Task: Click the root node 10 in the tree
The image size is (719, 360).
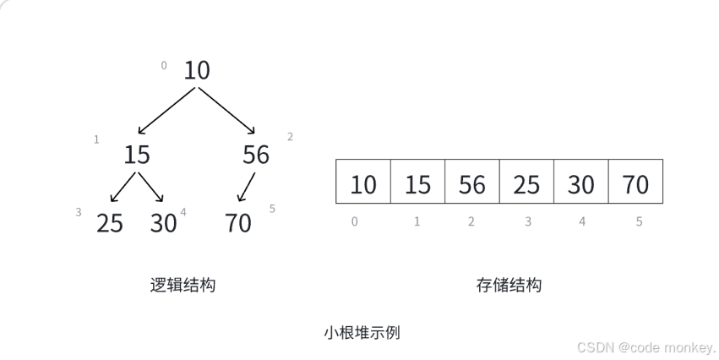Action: tap(196, 70)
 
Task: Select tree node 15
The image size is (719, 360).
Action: tap(137, 155)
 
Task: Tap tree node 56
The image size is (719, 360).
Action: tap(255, 155)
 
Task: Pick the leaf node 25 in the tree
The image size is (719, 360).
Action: tap(110, 223)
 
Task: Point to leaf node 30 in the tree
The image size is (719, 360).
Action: tap(163, 223)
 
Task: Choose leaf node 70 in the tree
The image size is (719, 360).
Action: tap(238, 223)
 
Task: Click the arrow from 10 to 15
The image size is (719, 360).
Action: tap(166, 110)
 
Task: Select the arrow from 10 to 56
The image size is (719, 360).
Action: tap(226, 109)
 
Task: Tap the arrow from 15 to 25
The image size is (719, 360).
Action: tap(123, 188)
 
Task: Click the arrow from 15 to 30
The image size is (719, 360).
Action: tap(150, 188)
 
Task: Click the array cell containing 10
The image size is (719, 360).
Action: tap(363, 182)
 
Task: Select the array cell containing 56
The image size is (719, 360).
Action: tap(472, 182)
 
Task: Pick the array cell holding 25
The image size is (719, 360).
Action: tap(526, 182)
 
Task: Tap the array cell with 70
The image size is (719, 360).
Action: tap(635, 182)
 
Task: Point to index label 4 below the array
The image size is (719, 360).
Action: tap(581, 221)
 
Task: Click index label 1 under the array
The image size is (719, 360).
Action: tap(417, 221)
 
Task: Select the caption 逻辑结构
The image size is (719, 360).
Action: tap(182, 285)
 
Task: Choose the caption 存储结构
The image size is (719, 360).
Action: tap(509, 285)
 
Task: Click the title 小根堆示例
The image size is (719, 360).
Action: tap(362, 332)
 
